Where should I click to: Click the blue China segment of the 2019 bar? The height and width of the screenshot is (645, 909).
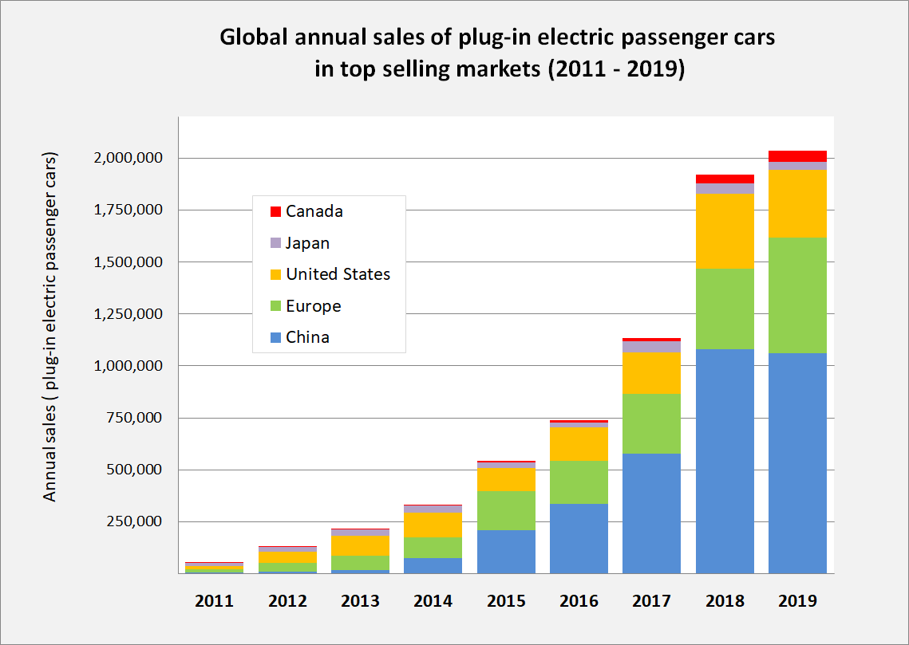797,462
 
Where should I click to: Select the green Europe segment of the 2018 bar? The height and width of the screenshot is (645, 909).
725,309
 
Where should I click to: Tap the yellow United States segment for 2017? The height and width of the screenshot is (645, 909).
651,372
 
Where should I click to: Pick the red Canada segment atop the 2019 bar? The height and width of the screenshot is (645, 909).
797,156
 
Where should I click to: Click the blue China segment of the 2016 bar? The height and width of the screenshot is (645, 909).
579,538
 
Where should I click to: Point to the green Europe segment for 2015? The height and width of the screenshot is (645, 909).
506,510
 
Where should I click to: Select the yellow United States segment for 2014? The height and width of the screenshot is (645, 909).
433,525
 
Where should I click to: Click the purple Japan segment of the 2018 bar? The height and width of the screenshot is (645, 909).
725,189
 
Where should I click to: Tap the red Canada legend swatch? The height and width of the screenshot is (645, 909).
275,212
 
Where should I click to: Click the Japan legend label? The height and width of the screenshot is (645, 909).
307,243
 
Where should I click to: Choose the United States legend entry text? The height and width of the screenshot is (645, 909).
338,274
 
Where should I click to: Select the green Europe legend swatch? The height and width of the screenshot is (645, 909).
275,306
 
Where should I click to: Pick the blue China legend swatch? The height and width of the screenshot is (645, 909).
275,337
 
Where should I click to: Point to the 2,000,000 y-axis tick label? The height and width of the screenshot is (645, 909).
126,158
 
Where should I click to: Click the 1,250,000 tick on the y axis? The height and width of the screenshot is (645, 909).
126,314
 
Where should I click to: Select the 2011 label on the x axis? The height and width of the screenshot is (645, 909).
215,601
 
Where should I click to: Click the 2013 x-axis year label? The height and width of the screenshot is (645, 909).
360,601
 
